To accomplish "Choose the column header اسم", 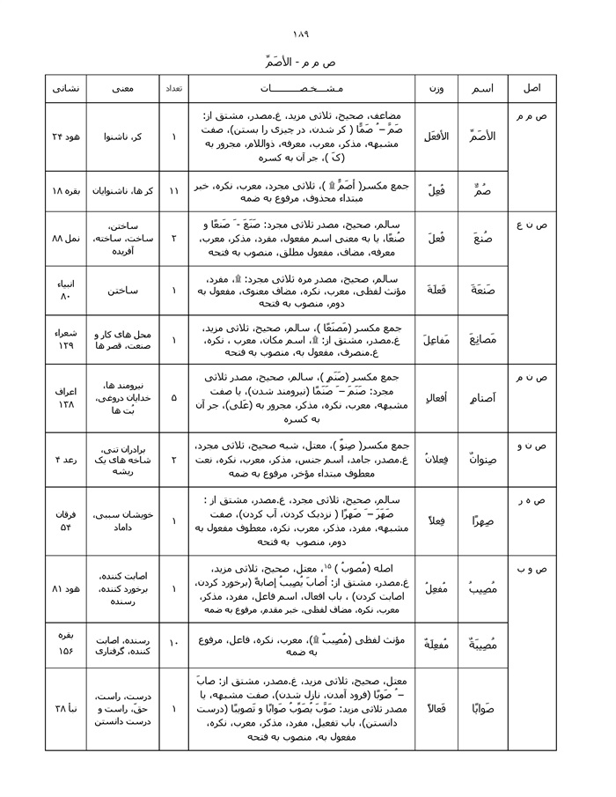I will (483, 89).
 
